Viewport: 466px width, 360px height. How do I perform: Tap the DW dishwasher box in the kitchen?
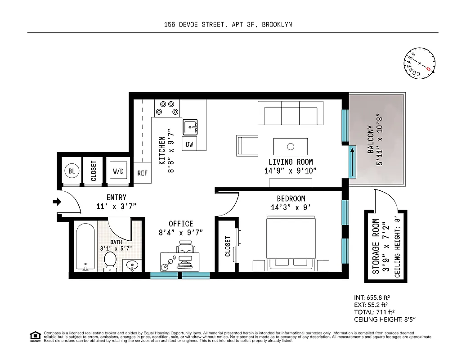(189, 144)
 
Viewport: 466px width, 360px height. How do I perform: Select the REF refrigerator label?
(142, 173)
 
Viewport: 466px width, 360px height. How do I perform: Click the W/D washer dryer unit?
(118, 171)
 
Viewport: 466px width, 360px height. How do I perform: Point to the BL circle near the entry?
(71, 171)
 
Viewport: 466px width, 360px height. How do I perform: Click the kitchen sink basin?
(190, 127)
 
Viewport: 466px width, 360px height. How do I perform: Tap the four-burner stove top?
(166, 108)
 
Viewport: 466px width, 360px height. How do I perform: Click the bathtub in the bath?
(85, 247)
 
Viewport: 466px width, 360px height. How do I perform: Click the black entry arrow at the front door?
(57, 202)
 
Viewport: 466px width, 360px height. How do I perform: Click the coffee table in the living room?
(291, 146)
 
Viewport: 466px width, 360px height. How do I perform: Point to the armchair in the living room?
(247, 145)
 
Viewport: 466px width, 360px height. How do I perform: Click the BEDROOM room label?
(291, 198)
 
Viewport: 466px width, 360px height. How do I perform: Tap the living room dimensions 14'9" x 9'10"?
(291, 171)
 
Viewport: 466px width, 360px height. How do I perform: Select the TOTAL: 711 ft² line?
(374, 312)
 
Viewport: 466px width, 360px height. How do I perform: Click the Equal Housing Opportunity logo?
(35, 336)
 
